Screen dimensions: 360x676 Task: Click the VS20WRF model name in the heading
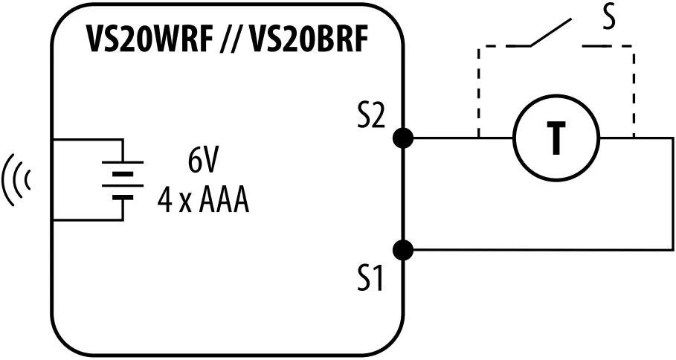[144, 41]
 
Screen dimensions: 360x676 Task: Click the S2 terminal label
[370, 118]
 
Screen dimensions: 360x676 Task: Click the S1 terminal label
[370, 279]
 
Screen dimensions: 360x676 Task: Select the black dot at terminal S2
[402, 138]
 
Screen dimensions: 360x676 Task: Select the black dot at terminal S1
[402, 250]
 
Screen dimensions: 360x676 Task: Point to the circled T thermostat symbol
[556, 139]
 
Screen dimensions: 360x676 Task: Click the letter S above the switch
[609, 18]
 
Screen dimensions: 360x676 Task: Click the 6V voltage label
[203, 161]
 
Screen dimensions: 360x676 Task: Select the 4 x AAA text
[203, 200]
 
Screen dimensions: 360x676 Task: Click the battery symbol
[122, 180]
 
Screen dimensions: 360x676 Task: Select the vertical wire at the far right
[672, 194]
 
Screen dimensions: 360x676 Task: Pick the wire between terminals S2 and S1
[402, 194]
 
